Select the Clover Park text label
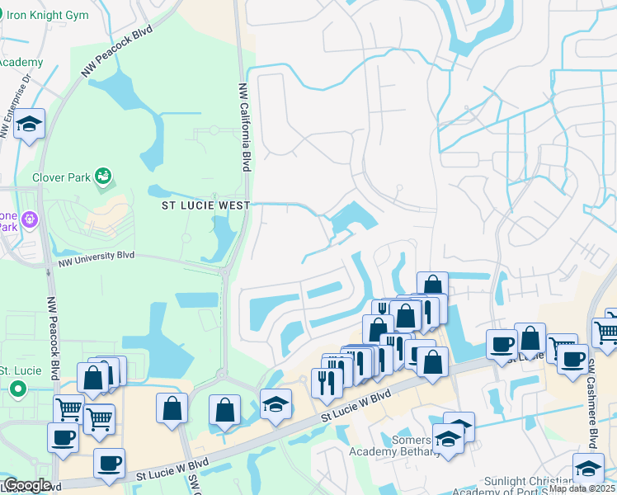[x=61, y=177]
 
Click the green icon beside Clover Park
[x=103, y=176]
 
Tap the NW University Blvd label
[x=96, y=262]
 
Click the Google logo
[x=27, y=485]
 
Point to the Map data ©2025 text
[x=582, y=488]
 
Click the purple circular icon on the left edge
[x=31, y=219]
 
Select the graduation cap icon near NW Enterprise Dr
[x=30, y=125]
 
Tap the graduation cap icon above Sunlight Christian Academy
[x=588, y=467]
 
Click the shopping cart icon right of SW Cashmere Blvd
[x=606, y=331]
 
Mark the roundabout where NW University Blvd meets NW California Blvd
[x=224, y=270]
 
